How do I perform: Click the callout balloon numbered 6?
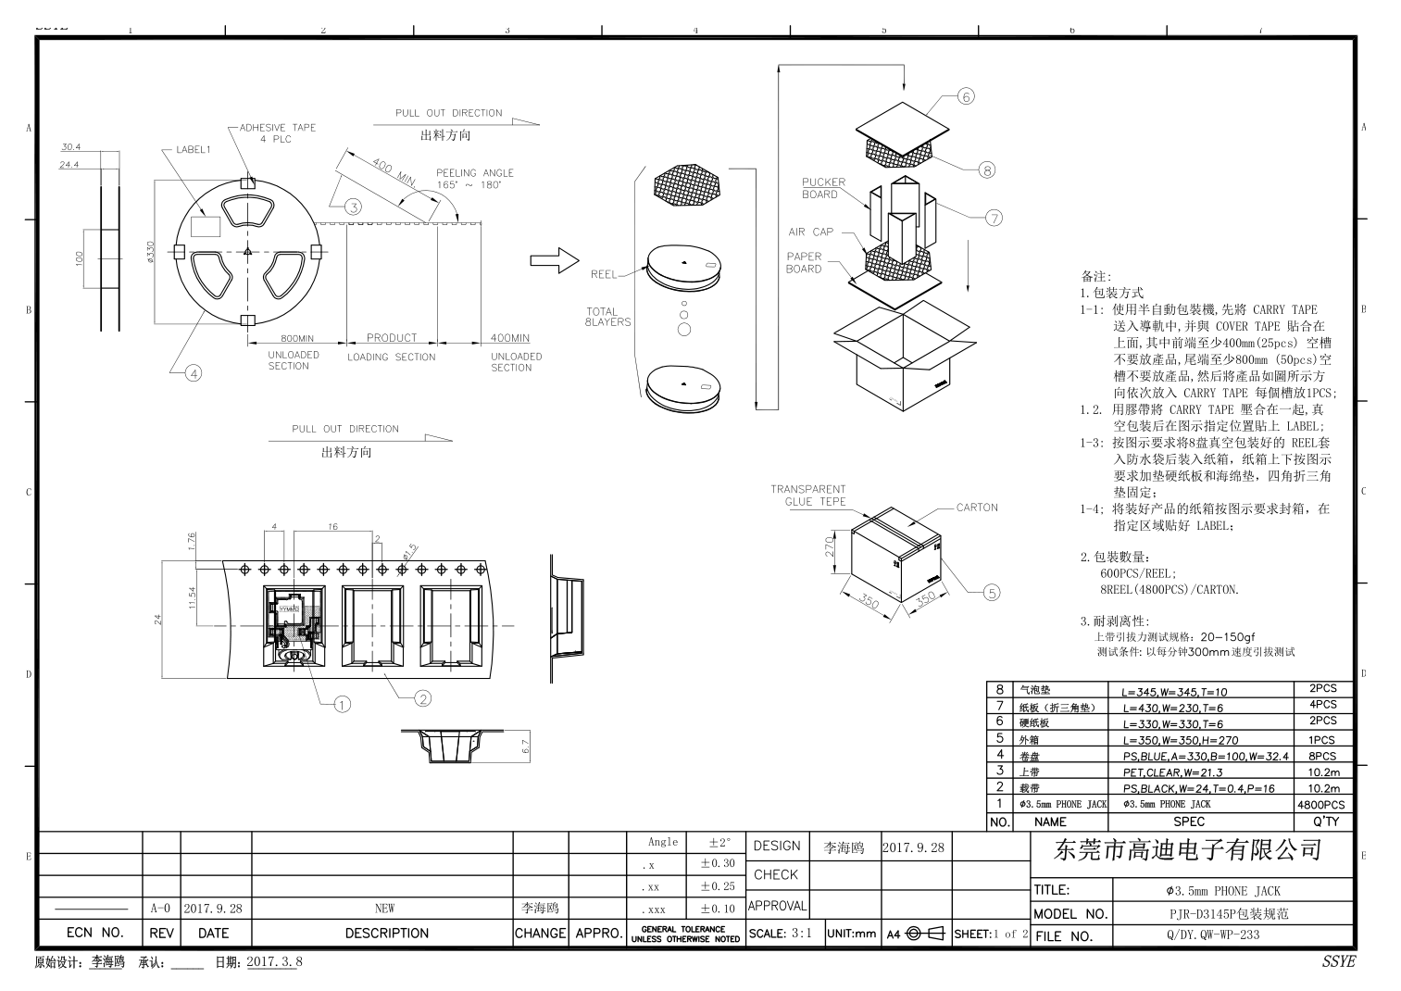(x=966, y=96)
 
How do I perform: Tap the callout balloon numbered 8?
(x=987, y=169)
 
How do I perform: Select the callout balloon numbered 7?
(x=994, y=219)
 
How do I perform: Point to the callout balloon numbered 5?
(x=992, y=593)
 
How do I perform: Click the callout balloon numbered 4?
(x=193, y=373)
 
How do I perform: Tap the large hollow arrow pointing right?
(x=554, y=263)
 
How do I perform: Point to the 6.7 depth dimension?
(x=525, y=747)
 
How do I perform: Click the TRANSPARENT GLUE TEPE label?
(x=808, y=495)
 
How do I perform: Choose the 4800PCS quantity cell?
(x=1321, y=806)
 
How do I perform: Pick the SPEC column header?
(x=1189, y=822)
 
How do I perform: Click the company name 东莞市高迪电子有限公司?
(x=1189, y=850)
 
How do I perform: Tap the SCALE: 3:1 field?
(x=780, y=934)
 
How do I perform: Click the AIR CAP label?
(x=810, y=232)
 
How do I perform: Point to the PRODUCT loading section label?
(x=391, y=338)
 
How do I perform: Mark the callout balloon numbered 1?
(x=343, y=705)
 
